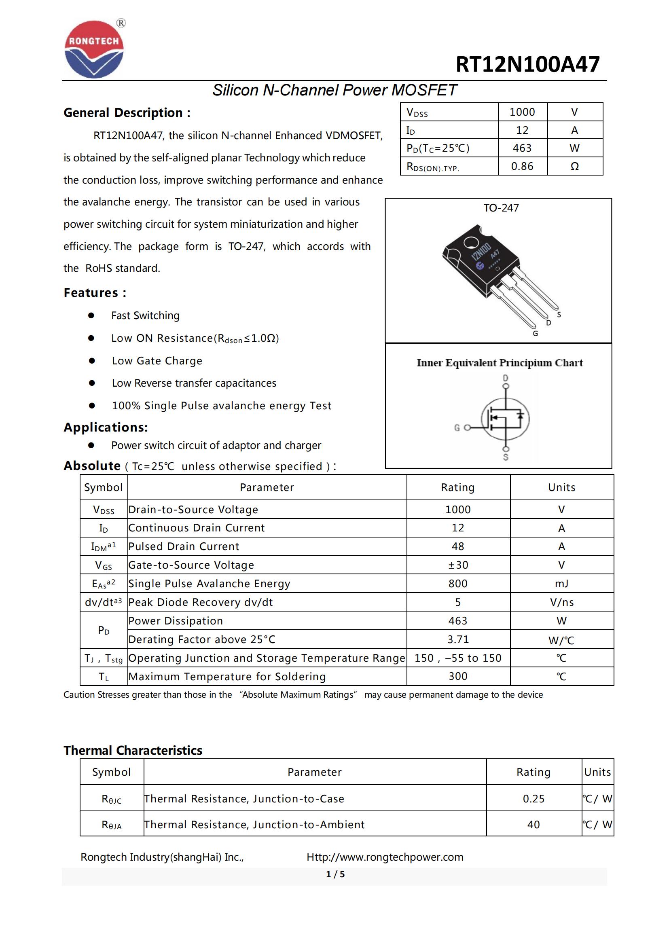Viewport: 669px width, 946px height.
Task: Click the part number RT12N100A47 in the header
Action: (527, 65)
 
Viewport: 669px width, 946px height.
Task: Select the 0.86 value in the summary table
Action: (522, 167)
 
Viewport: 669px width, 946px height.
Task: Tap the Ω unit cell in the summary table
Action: (574, 167)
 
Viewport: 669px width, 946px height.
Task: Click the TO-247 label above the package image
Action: (501, 208)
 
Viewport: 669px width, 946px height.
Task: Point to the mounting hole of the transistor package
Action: (469, 243)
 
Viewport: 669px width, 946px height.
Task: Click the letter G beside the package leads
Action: (535, 334)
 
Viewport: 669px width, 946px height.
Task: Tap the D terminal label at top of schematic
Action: (506, 378)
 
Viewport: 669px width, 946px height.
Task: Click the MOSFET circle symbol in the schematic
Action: (506, 419)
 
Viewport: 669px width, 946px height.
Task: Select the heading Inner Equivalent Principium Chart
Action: (499, 363)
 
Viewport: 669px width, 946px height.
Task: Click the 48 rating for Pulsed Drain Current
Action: (458, 546)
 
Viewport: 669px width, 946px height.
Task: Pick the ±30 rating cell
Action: (458, 565)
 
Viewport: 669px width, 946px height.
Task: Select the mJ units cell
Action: (561, 584)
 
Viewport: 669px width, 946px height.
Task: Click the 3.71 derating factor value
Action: (458, 639)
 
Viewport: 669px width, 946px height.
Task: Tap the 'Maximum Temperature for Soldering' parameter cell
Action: (227, 677)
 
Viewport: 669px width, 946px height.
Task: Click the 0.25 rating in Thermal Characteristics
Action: (533, 799)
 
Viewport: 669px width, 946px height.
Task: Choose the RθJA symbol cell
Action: (112, 825)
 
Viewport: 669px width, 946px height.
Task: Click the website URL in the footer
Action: (385, 857)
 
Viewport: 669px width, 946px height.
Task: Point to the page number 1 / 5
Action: (335, 874)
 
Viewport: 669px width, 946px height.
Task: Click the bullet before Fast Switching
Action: (91, 315)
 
